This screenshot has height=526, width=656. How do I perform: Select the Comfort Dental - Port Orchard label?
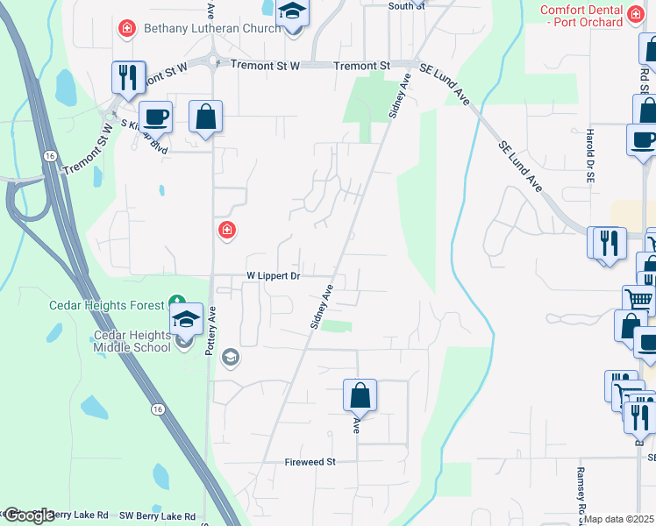[594, 16]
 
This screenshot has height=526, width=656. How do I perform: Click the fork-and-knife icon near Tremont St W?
[128, 77]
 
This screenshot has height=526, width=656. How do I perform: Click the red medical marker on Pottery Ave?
[227, 231]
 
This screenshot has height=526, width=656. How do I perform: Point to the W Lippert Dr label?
[273, 275]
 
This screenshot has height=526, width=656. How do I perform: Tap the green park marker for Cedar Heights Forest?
[176, 304]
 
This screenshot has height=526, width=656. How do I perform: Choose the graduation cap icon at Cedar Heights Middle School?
[186, 318]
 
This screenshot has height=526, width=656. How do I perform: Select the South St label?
[406, 5]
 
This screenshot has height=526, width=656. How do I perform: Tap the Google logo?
[29, 515]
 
